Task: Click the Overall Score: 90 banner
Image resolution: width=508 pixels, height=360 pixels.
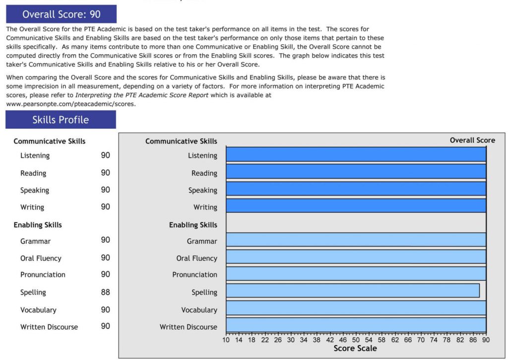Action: tap(62, 14)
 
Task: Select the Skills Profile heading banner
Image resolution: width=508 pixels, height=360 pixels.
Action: tap(61, 120)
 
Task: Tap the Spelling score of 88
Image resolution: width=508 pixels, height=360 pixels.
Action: tap(105, 292)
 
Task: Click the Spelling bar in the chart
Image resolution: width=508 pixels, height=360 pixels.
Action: tap(353, 290)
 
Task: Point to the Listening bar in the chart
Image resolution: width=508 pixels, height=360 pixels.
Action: tap(356, 154)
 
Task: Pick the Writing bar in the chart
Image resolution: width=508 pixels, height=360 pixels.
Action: tap(356, 206)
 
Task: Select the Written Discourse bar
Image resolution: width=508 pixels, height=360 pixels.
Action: tap(356, 325)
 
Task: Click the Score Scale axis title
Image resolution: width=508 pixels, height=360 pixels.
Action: tap(355, 349)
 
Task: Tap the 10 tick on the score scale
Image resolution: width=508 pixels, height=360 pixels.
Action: tap(226, 340)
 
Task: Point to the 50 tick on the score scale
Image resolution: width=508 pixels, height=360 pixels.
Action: tap(356, 340)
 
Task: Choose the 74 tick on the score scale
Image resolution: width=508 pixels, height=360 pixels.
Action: tap(434, 340)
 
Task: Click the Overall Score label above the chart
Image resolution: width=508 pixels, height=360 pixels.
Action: tap(472, 140)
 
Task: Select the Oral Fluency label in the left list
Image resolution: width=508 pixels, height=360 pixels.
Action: tap(41, 258)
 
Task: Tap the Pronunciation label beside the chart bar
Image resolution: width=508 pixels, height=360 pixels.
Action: tap(194, 275)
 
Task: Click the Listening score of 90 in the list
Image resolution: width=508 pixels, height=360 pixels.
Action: tap(105, 155)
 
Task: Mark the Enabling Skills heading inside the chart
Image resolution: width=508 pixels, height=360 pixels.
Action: tap(193, 225)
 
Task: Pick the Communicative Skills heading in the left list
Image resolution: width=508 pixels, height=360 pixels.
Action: tap(50, 141)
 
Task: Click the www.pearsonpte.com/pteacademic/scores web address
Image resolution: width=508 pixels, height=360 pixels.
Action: tap(70, 104)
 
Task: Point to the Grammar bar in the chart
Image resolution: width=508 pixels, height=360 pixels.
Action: tap(356, 239)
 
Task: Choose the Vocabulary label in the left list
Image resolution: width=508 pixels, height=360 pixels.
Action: tap(38, 310)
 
